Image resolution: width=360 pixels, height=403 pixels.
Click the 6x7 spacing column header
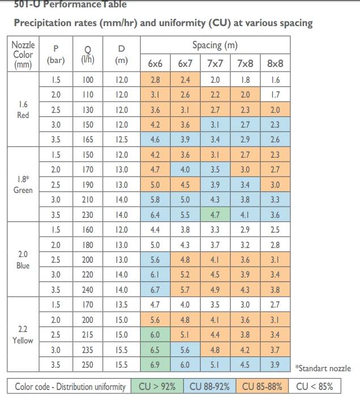point(185,64)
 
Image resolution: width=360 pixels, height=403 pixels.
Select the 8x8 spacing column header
point(275,64)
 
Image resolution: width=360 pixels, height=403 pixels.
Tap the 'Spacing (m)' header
point(215,45)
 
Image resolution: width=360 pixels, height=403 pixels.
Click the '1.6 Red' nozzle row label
point(23,110)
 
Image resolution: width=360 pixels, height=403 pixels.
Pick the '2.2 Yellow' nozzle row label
point(23,334)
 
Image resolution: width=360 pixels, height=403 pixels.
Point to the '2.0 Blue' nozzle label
point(23,259)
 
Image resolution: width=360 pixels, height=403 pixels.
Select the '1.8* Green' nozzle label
point(23,184)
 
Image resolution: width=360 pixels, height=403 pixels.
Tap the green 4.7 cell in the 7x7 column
point(215,215)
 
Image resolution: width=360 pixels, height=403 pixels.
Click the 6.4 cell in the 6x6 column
point(155,215)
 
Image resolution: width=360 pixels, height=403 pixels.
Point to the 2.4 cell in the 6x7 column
point(185,80)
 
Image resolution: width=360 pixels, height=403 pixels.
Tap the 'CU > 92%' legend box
point(157,387)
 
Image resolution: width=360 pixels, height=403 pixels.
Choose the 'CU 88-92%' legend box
point(209,387)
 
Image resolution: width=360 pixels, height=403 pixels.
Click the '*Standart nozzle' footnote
point(323,368)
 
